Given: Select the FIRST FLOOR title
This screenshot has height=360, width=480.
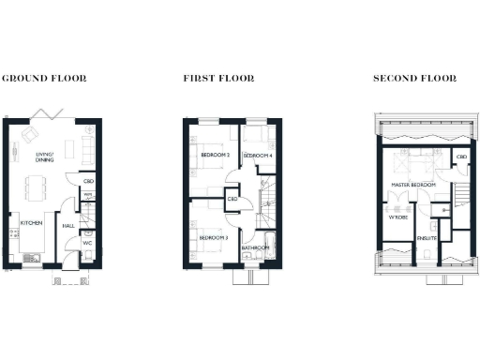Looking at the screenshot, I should [x=217, y=79].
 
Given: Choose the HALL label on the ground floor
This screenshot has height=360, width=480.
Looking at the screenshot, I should [x=68, y=225].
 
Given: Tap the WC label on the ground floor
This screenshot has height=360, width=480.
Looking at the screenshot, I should [x=86, y=245].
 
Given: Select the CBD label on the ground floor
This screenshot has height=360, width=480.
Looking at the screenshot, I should [x=88, y=181].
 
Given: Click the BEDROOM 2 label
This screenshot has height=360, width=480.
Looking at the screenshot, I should [x=215, y=155].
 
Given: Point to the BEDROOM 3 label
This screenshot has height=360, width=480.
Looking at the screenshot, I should [x=215, y=237].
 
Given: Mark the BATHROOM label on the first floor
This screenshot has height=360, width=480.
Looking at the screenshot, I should [x=256, y=247].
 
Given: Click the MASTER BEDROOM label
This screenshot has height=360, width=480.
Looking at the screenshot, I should [x=412, y=185].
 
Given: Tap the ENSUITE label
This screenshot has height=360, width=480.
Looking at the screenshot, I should [x=427, y=239].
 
